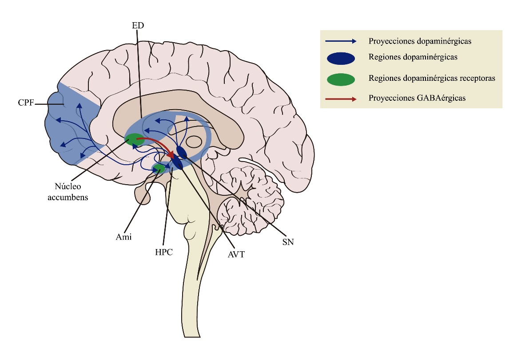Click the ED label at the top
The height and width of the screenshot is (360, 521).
(138, 26)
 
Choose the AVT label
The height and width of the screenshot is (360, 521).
(236, 254)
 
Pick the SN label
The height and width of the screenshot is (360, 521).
(289, 242)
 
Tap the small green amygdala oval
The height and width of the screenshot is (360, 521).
(159, 168)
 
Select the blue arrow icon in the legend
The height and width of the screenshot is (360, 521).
(341, 41)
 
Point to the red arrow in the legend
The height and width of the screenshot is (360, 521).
(341, 99)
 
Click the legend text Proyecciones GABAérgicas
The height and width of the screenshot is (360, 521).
(417, 99)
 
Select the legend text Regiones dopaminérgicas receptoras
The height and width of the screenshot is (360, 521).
(432, 78)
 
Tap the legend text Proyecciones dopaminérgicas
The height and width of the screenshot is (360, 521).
(420, 41)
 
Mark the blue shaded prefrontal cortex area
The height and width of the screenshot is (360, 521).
(67, 129)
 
